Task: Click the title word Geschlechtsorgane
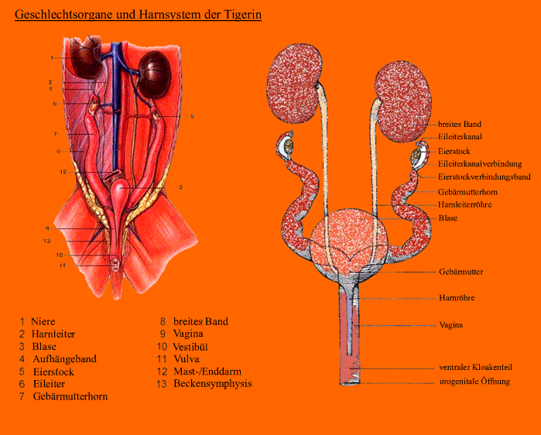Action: [60, 15]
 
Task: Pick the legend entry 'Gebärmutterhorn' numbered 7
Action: [70, 396]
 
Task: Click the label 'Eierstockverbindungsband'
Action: [485, 177]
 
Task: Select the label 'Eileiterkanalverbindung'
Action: [480, 164]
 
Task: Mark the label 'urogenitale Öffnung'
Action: [474, 382]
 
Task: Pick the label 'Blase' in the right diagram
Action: [448, 218]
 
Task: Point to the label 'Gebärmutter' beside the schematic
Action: [461, 272]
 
